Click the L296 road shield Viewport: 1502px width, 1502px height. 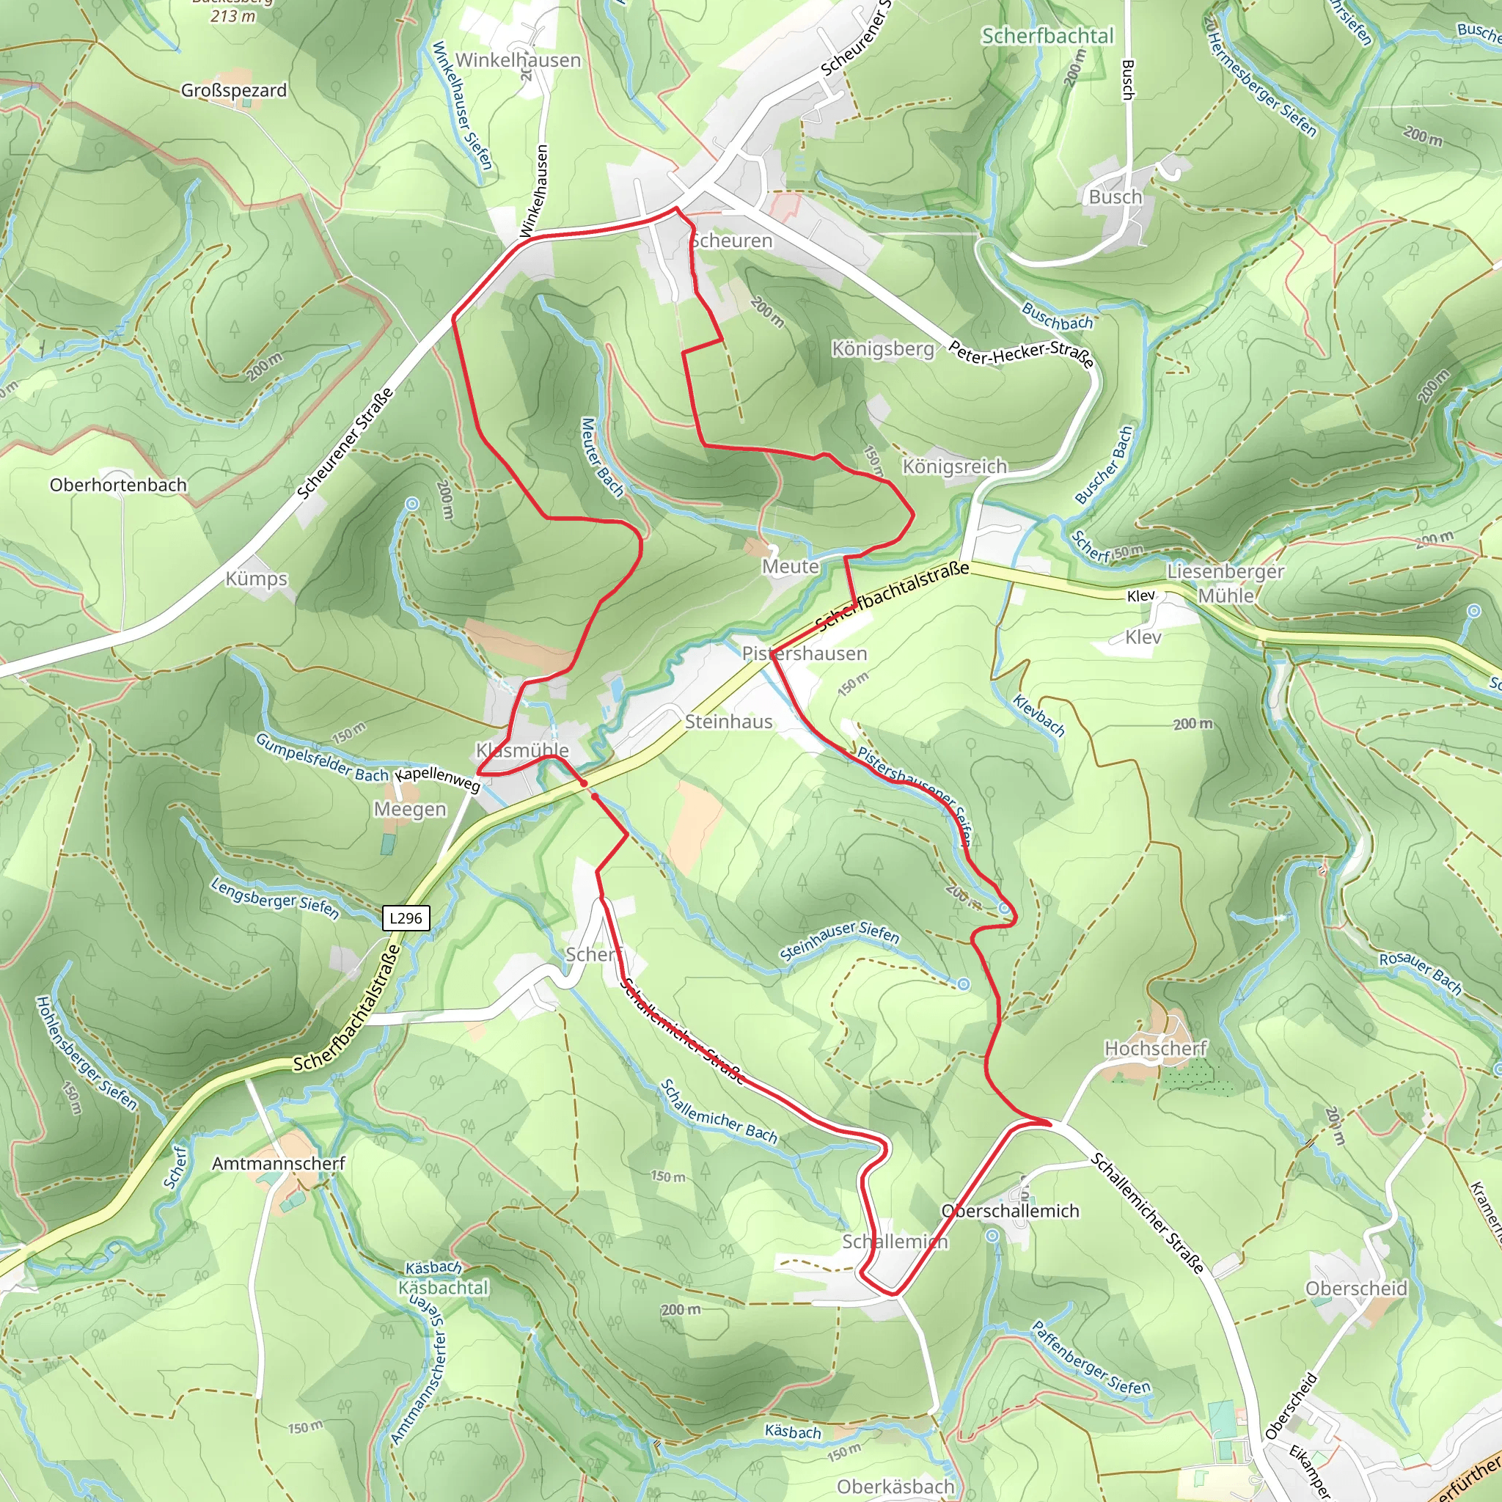tap(406, 918)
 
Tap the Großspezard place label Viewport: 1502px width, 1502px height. tap(234, 90)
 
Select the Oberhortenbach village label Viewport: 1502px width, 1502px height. tap(118, 485)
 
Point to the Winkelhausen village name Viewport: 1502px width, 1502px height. tap(518, 60)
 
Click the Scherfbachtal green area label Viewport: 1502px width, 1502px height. tap(1047, 36)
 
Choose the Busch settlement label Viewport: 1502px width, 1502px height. tap(1115, 197)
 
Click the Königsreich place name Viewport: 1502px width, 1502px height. tap(954, 466)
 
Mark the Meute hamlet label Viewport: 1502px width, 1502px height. tap(790, 567)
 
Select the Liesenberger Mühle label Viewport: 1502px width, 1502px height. tap(1226, 583)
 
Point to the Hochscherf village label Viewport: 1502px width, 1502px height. tap(1155, 1049)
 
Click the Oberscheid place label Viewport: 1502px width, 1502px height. tap(1356, 1288)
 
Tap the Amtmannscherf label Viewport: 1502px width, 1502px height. tap(278, 1163)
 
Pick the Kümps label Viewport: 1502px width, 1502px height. tap(256, 579)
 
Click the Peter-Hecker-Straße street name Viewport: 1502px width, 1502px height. tap(1021, 353)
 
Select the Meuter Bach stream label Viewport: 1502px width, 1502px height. tap(601, 457)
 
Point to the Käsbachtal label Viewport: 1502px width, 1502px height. tap(442, 1287)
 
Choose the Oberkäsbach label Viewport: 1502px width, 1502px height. tap(895, 1486)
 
